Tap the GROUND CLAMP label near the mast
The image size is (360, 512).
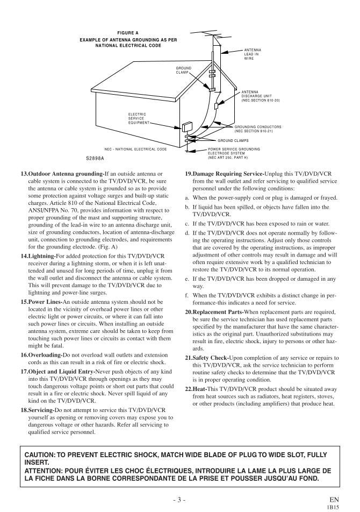[x=184, y=70]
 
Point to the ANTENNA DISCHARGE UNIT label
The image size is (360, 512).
[x=260, y=96]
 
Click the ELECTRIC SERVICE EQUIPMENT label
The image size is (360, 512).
[x=137, y=118]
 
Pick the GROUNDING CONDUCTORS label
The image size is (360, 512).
[x=257, y=129]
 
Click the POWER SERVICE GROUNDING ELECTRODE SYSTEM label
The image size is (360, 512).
[x=234, y=153]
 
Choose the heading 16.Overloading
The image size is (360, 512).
[x=42, y=355]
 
